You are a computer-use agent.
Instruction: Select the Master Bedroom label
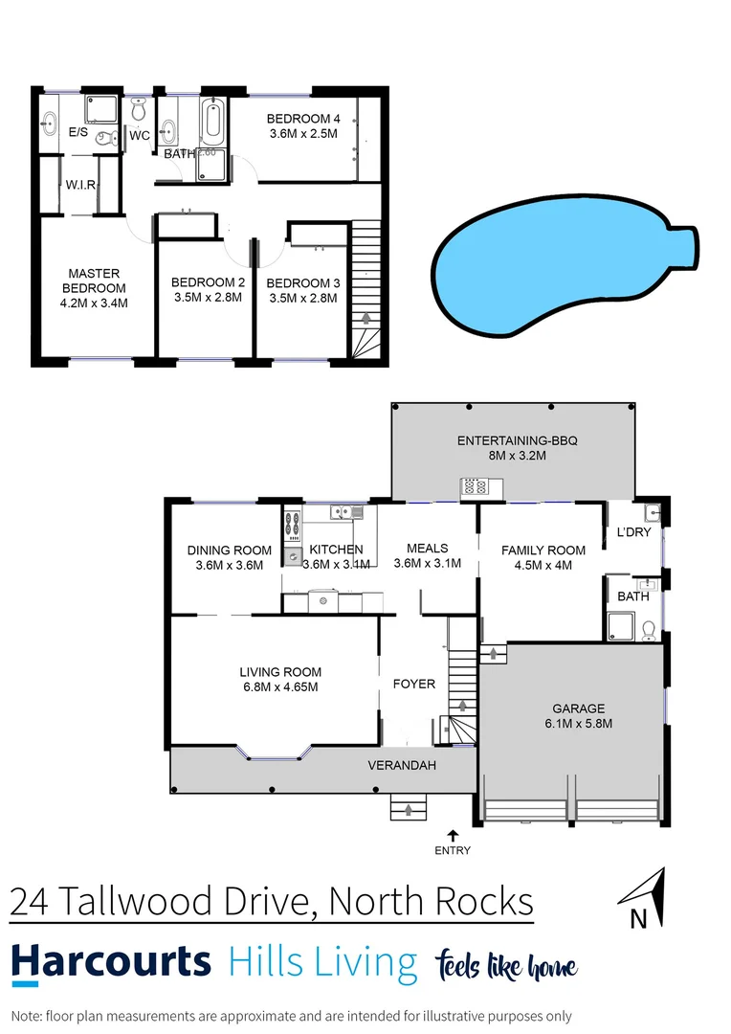point(94,281)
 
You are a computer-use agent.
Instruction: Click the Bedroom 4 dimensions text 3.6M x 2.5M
point(302,134)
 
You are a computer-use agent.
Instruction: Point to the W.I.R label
point(80,184)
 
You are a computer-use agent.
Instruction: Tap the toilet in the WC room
point(140,113)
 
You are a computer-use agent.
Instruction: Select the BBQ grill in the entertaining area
point(475,486)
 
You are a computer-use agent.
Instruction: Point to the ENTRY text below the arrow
point(453,850)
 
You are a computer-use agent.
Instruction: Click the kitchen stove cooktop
point(294,526)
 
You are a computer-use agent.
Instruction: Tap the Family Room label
point(543,550)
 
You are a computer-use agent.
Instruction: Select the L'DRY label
point(633,531)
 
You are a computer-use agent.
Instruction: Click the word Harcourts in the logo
point(111,960)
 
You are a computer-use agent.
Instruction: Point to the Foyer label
point(414,684)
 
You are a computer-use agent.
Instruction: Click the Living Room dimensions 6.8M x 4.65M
point(280,686)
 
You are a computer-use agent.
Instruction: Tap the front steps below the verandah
point(410,809)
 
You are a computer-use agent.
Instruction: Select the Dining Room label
point(230,551)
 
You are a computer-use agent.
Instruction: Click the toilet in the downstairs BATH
point(649,629)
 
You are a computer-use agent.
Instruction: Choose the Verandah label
point(402,765)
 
